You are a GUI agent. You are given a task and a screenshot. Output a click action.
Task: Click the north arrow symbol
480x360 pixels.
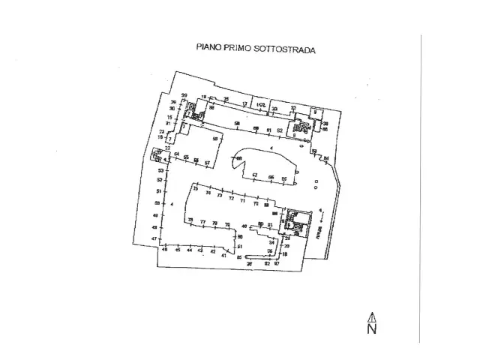click(371, 317)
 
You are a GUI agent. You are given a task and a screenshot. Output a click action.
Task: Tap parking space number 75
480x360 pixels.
click(196, 189)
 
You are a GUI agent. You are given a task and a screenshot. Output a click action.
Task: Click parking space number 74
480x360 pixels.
click(208, 193)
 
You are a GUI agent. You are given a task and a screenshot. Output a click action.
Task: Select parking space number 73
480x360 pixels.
click(220, 196)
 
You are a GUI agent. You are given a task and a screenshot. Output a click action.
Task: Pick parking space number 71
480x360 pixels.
click(242, 201)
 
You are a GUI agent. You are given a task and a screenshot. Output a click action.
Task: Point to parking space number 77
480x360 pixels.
click(202, 221)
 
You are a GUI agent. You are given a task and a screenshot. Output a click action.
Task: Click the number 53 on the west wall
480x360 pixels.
click(160, 171)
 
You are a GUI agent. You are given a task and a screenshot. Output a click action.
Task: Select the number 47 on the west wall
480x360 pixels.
click(154, 238)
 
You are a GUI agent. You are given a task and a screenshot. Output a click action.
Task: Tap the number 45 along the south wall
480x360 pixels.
click(178, 250)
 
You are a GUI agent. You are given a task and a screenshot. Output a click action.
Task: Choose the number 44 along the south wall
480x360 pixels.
click(189, 250)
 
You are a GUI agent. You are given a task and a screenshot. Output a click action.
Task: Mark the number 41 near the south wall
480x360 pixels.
click(223, 256)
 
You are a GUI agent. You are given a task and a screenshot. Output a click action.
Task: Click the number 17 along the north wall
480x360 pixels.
click(244, 103)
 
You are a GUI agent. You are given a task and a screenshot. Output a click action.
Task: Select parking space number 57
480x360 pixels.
click(207, 162)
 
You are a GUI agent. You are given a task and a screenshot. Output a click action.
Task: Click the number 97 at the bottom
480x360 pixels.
click(276, 263)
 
